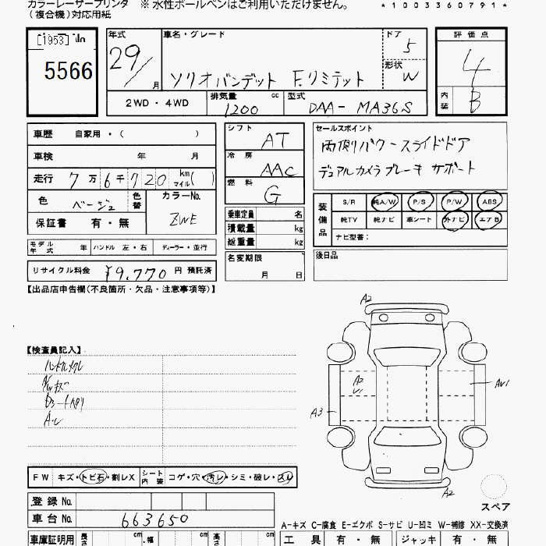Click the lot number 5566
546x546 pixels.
click(x=69, y=72)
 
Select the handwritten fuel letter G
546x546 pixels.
click(x=272, y=194)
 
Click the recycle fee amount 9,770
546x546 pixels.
click(x=136, y=272)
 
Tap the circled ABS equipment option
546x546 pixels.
click(x=490, y=201)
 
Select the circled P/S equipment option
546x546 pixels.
click(x=420, y=201)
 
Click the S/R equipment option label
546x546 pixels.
click(x=348, y=202)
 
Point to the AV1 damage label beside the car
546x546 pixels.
click(x=500, y=383)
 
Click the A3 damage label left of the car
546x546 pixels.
click(x=317, y=412)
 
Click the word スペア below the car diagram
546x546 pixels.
click(x=495, y=507)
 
